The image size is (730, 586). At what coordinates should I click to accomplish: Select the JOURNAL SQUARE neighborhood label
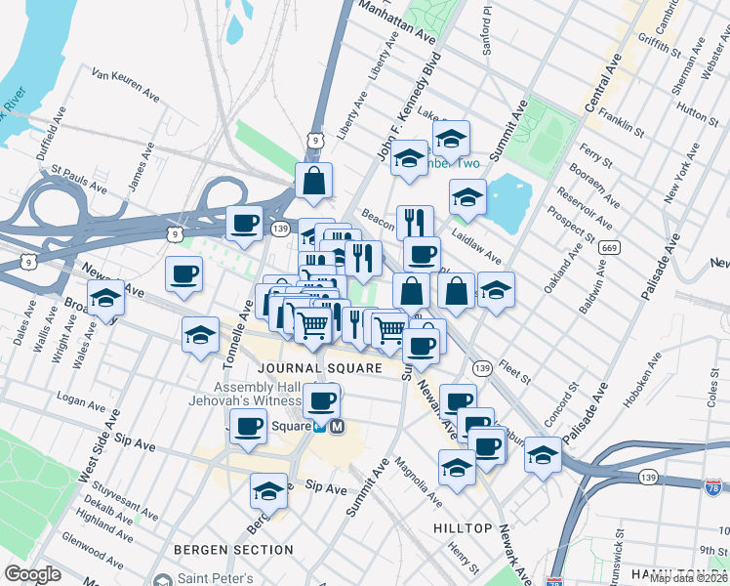pyautogui.click(x=320, y=368)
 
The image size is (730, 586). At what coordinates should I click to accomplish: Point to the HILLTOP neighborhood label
pyautogui.click(x=463, y=527)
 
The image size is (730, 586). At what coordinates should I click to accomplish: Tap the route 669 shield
pyautogui.click(x=610, y=248)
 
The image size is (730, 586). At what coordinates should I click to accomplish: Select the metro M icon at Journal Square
pyautogui.click(x=338, y=426)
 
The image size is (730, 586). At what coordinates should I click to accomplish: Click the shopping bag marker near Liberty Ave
pyautogui.click(x=314, y=181)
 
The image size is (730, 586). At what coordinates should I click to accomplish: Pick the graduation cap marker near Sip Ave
pyautogui.click(x=268, y=491)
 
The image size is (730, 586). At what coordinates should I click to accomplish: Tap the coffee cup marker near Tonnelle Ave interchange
pyautogui.click(x=244, y=223)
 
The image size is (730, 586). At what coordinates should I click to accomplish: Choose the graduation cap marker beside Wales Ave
pyautogui.click(x=105, y=299)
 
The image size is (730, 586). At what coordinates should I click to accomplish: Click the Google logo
pyautogui.click(x=33, y=573)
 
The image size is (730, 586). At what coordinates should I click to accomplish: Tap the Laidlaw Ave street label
pyautogui.click(x=477, y=245)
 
